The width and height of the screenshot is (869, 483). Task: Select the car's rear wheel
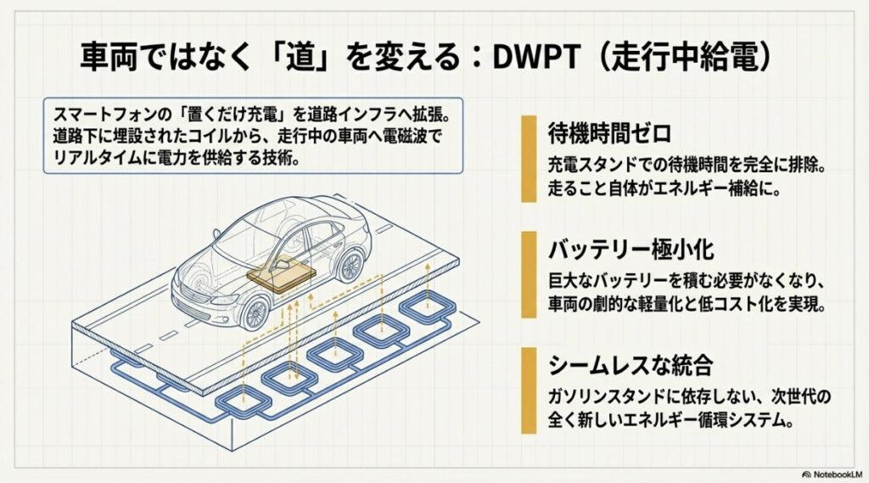tap(348, 264)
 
